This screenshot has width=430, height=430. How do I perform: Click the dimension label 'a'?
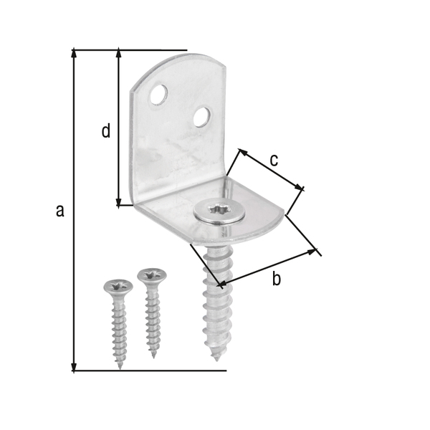click(x=60, y=210)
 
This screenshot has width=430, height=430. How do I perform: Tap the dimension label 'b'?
click(x=276, y=279)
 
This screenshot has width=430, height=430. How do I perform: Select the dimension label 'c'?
click(x=274, y=160)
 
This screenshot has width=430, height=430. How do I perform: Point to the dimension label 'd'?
click(x=105, y=131)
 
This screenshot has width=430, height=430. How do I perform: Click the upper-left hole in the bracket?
click(x=159, y=93)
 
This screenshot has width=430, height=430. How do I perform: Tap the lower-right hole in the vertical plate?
click(x=202, y=115)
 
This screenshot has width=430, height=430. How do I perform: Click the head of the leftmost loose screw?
click(x=118, y=287)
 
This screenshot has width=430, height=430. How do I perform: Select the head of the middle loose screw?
click(x=152, y=275)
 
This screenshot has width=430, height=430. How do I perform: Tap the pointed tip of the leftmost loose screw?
click(x=120, y=366)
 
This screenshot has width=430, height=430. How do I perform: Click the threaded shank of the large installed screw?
click(x=214, y=294)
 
